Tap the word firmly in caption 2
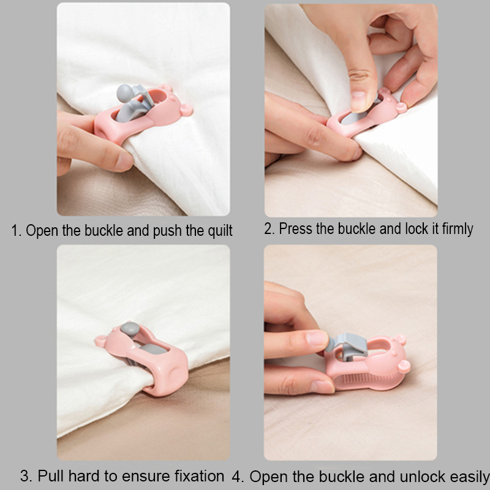457,229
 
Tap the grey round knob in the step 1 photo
125,93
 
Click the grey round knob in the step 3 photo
130,329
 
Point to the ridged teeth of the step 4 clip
366,379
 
